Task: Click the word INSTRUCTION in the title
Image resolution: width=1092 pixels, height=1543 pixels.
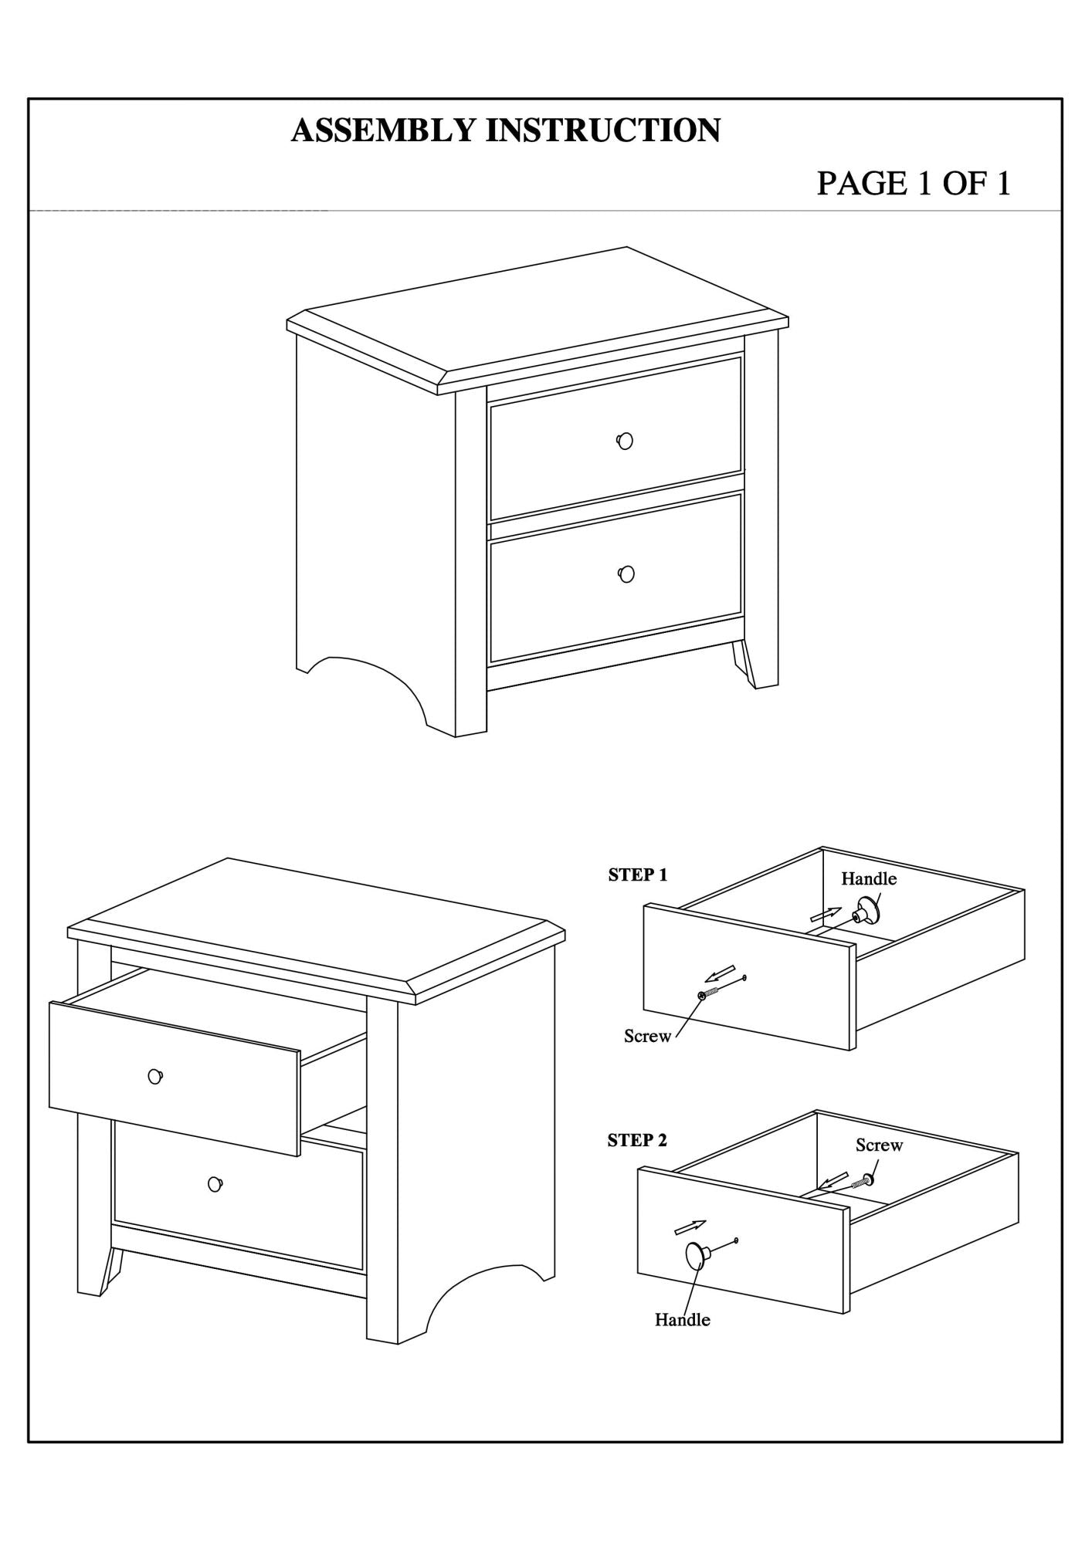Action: pyautogui.click(x=602, y=130)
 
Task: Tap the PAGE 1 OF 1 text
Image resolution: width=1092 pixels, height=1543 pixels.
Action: pyautogui.click(x=914, y=184)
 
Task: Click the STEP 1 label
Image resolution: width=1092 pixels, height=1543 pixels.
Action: pyautogui.click(x=637, y=875)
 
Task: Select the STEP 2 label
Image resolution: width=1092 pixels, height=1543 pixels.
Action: pyautogui.click(x=637, y=1140)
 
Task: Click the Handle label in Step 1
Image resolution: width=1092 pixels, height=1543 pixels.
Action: pyautogui.click(x=869, y=878)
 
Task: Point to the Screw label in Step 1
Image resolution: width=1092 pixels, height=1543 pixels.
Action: pyautogui.click(x=647, y=1036)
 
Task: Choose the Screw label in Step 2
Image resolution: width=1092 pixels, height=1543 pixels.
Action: pyautogui.click(x=879, y=1145)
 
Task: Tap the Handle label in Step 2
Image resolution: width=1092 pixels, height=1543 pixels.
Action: pyautogui.click(x=682, y=1319)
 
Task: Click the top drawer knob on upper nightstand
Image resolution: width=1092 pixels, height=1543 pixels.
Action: pyautogui.click(x=625, y=441)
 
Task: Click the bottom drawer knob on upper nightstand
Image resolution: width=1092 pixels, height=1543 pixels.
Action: pyautogui.click(x=626, y=574)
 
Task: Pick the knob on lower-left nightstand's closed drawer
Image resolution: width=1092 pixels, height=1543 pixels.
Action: pyautogui.click(x=215, y=1183)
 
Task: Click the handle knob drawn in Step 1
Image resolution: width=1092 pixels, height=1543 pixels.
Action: pyautogui.click(x=867, y=912)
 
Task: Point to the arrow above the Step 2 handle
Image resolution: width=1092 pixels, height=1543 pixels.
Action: pyautogui.click(x=690, y=1227)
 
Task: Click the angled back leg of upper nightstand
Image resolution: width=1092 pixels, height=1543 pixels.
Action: pyautogui.click(x=747, y=665)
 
